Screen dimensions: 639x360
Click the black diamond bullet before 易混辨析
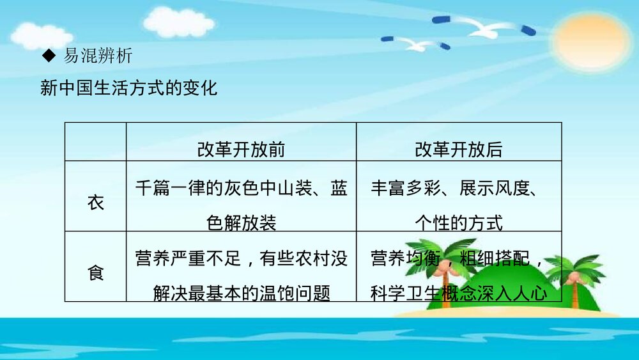(49, 56)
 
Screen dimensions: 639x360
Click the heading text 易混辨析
(98, 56)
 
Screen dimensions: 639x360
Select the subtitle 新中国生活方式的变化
(129, 88)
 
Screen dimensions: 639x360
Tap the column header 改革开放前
(241, 150)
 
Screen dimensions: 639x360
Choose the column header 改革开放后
(458, 150)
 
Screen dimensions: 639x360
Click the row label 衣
(95, 203)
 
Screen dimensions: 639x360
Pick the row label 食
(95, 273)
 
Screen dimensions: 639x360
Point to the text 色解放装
(242, 223)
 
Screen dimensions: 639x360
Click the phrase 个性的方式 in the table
(459, 223)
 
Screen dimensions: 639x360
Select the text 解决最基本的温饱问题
(242, 293)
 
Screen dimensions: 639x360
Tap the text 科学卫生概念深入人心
(459, 293)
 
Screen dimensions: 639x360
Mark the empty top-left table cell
(95, 141)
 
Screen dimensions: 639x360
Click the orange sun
(592, 41)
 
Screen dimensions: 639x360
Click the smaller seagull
(416, 43)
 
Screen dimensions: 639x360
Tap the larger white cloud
(179, 22)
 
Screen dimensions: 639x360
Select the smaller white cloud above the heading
(41, 35)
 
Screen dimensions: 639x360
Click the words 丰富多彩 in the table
(406, 188)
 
